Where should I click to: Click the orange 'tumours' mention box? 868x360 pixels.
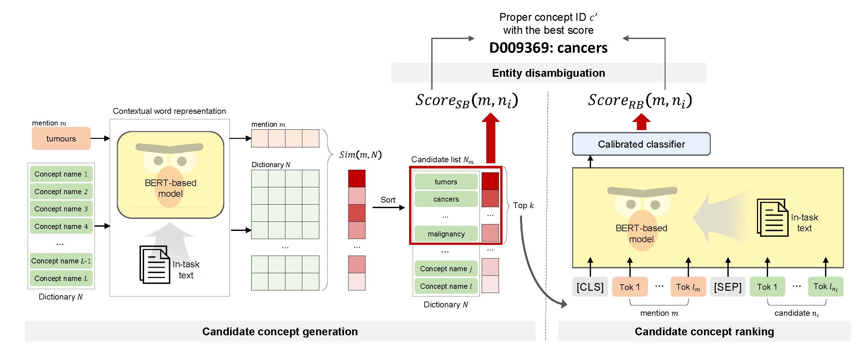pos(61,139)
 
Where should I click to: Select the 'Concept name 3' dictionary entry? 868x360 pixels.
pos(61,209)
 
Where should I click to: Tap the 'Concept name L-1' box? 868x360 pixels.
pos(61,261)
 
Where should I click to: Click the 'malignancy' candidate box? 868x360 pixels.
pos(446,234)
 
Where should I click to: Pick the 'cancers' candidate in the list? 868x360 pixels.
pos(446,199)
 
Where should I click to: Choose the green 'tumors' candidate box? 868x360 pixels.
pos(446,182)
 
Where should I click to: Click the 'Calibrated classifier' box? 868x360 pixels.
pos(641,144)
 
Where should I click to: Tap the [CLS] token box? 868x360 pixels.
pos(590,287)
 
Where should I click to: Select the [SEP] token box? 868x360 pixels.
pos(727,287)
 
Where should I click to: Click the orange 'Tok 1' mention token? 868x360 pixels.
pos(629,287)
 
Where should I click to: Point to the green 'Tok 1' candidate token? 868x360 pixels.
pos(767,287)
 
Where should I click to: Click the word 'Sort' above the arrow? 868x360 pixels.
pos(388,200)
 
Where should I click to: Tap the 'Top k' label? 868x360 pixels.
pos(523,206)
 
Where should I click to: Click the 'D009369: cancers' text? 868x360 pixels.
pos(548,48)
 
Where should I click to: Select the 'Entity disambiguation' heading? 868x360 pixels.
pos(548,73)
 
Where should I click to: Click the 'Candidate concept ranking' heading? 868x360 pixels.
pos(704,331)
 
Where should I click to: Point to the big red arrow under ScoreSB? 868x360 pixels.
pos(490,140)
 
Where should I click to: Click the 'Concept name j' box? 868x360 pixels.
pos(446,269)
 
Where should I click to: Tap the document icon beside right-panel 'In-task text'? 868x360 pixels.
pos(772,218)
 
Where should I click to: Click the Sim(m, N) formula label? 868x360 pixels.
pos(360,154)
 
